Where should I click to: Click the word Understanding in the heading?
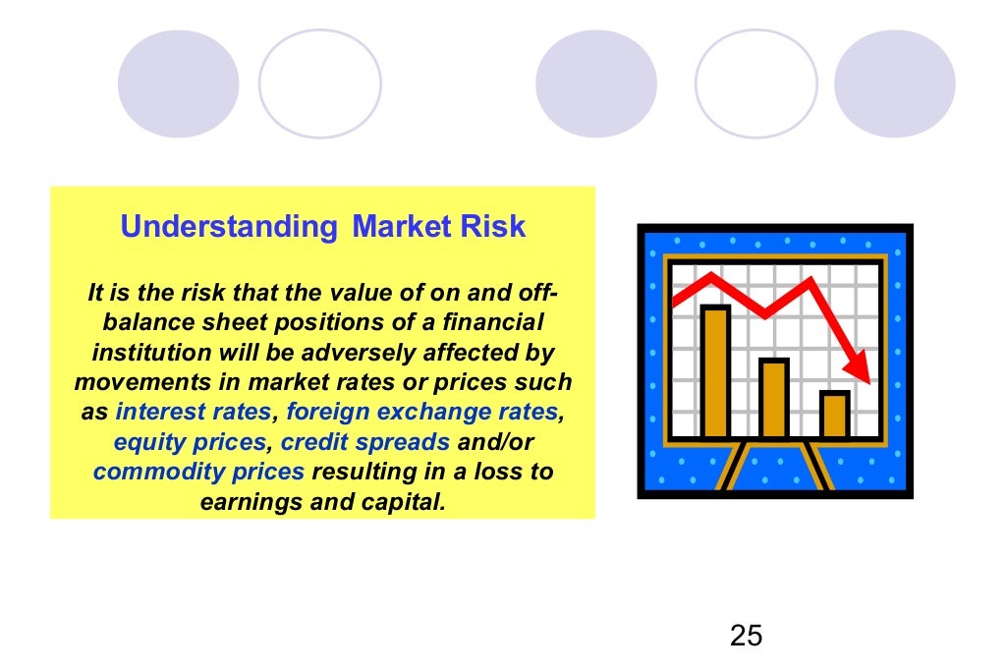pyautogui.click(x=228, y=228)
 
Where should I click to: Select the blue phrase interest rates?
pyautogui.click(x=193, y=413)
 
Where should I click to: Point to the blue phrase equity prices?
pyautogui.click(x=190, y=442)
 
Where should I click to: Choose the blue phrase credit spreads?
pyautogui.click(x=365, y=442)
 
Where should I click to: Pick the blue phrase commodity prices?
pyautogui.click(x=198, y=472)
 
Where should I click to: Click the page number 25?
pyautogui.click(x=746, y=636)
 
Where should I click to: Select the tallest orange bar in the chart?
pyautogui.click(x=715, y=371)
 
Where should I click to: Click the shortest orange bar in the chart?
pyautogui.click(x=834, y=415)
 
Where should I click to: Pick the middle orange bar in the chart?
pyautogui.click(x=774, y=398)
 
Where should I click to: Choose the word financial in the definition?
pyautogui.click(x=485, y=322)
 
